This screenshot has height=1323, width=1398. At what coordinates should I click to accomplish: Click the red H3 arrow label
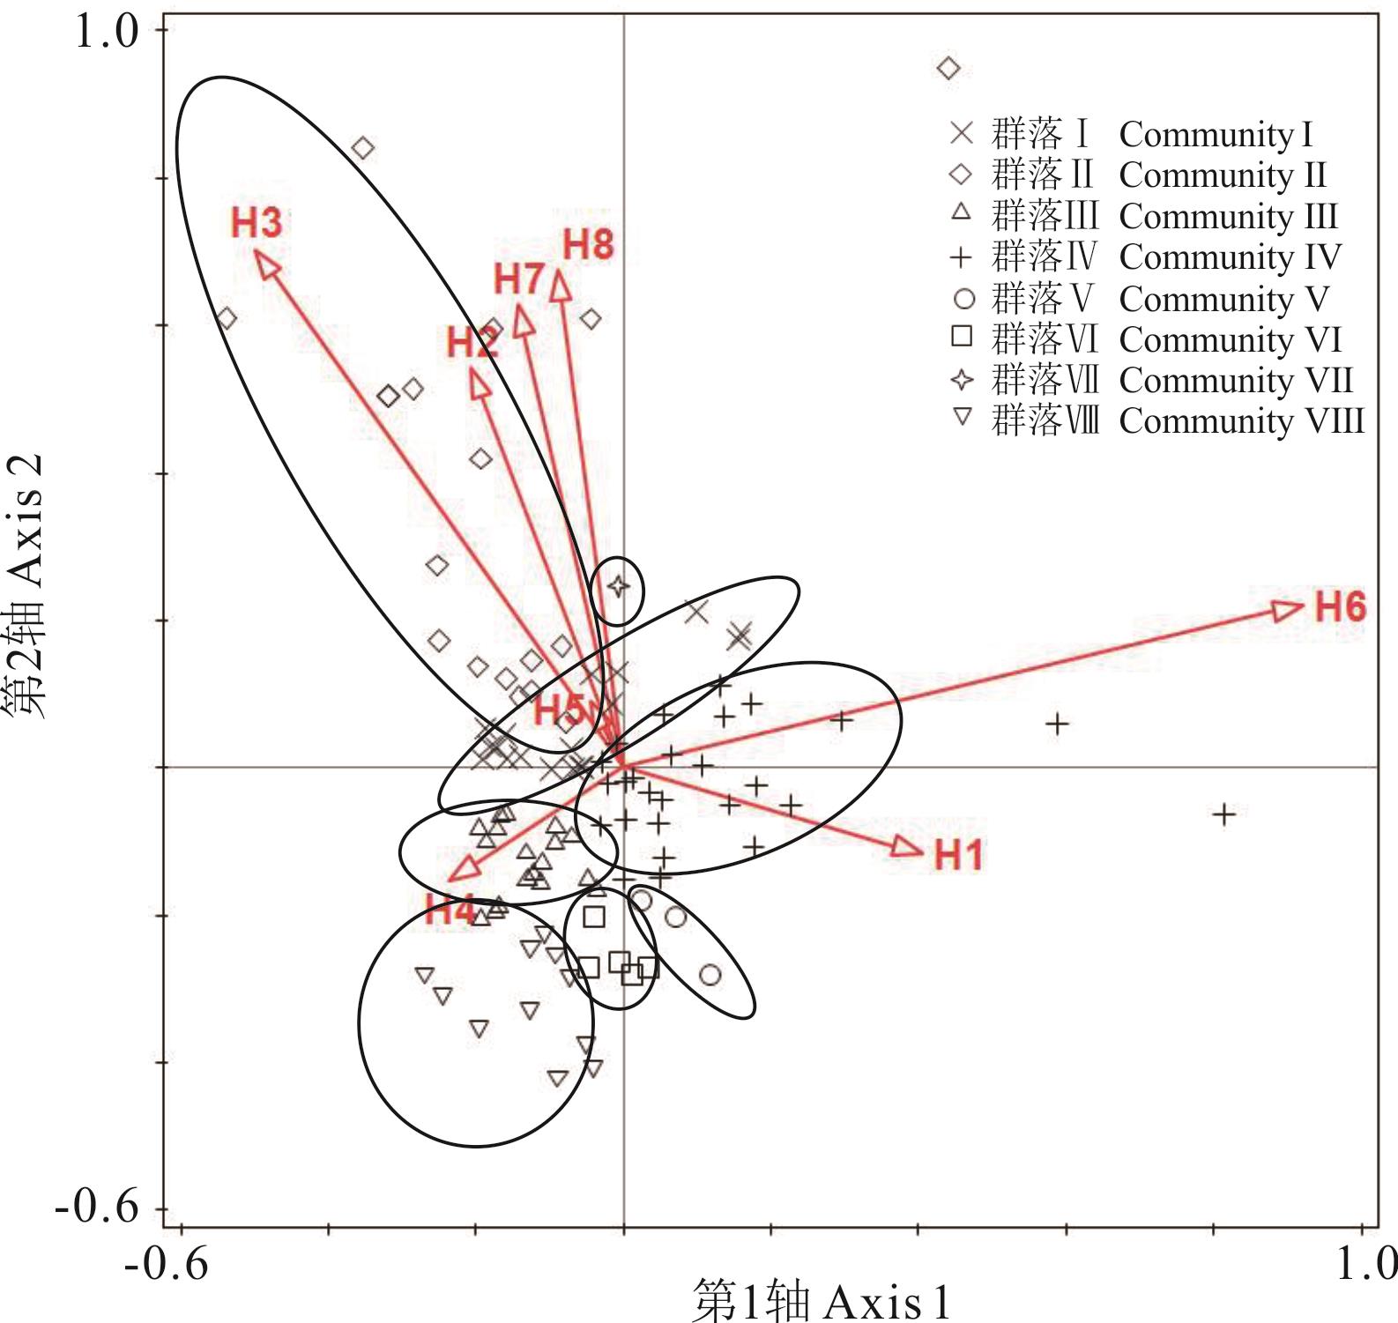[257, 223]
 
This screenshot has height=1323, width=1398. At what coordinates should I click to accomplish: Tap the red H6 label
[1340, 607]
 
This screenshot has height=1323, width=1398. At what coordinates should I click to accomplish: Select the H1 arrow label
[958, 855]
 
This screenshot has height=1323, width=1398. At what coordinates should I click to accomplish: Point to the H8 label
[588, 245]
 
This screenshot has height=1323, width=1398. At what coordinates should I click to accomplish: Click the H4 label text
[450, 910]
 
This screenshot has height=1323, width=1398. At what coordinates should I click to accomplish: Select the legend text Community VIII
[1241, 421]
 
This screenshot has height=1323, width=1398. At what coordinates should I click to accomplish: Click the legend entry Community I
[1216, 135]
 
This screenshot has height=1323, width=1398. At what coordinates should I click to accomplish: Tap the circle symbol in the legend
[964, 299]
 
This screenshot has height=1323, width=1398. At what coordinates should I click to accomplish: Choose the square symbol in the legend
[962, 337]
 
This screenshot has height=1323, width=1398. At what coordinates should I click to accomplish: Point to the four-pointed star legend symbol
[962, 380]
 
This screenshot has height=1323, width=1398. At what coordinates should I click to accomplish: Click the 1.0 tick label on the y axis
[107, 33]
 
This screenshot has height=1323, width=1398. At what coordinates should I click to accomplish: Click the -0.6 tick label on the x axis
[167, 1267]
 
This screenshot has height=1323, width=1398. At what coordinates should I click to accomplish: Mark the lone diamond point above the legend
[948, 68]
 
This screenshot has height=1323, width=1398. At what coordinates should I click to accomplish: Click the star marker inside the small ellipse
[619, 585]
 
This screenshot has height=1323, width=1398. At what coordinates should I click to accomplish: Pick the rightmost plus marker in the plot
[1223, 814]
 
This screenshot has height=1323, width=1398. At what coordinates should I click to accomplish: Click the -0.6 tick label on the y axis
[97, 1208]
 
